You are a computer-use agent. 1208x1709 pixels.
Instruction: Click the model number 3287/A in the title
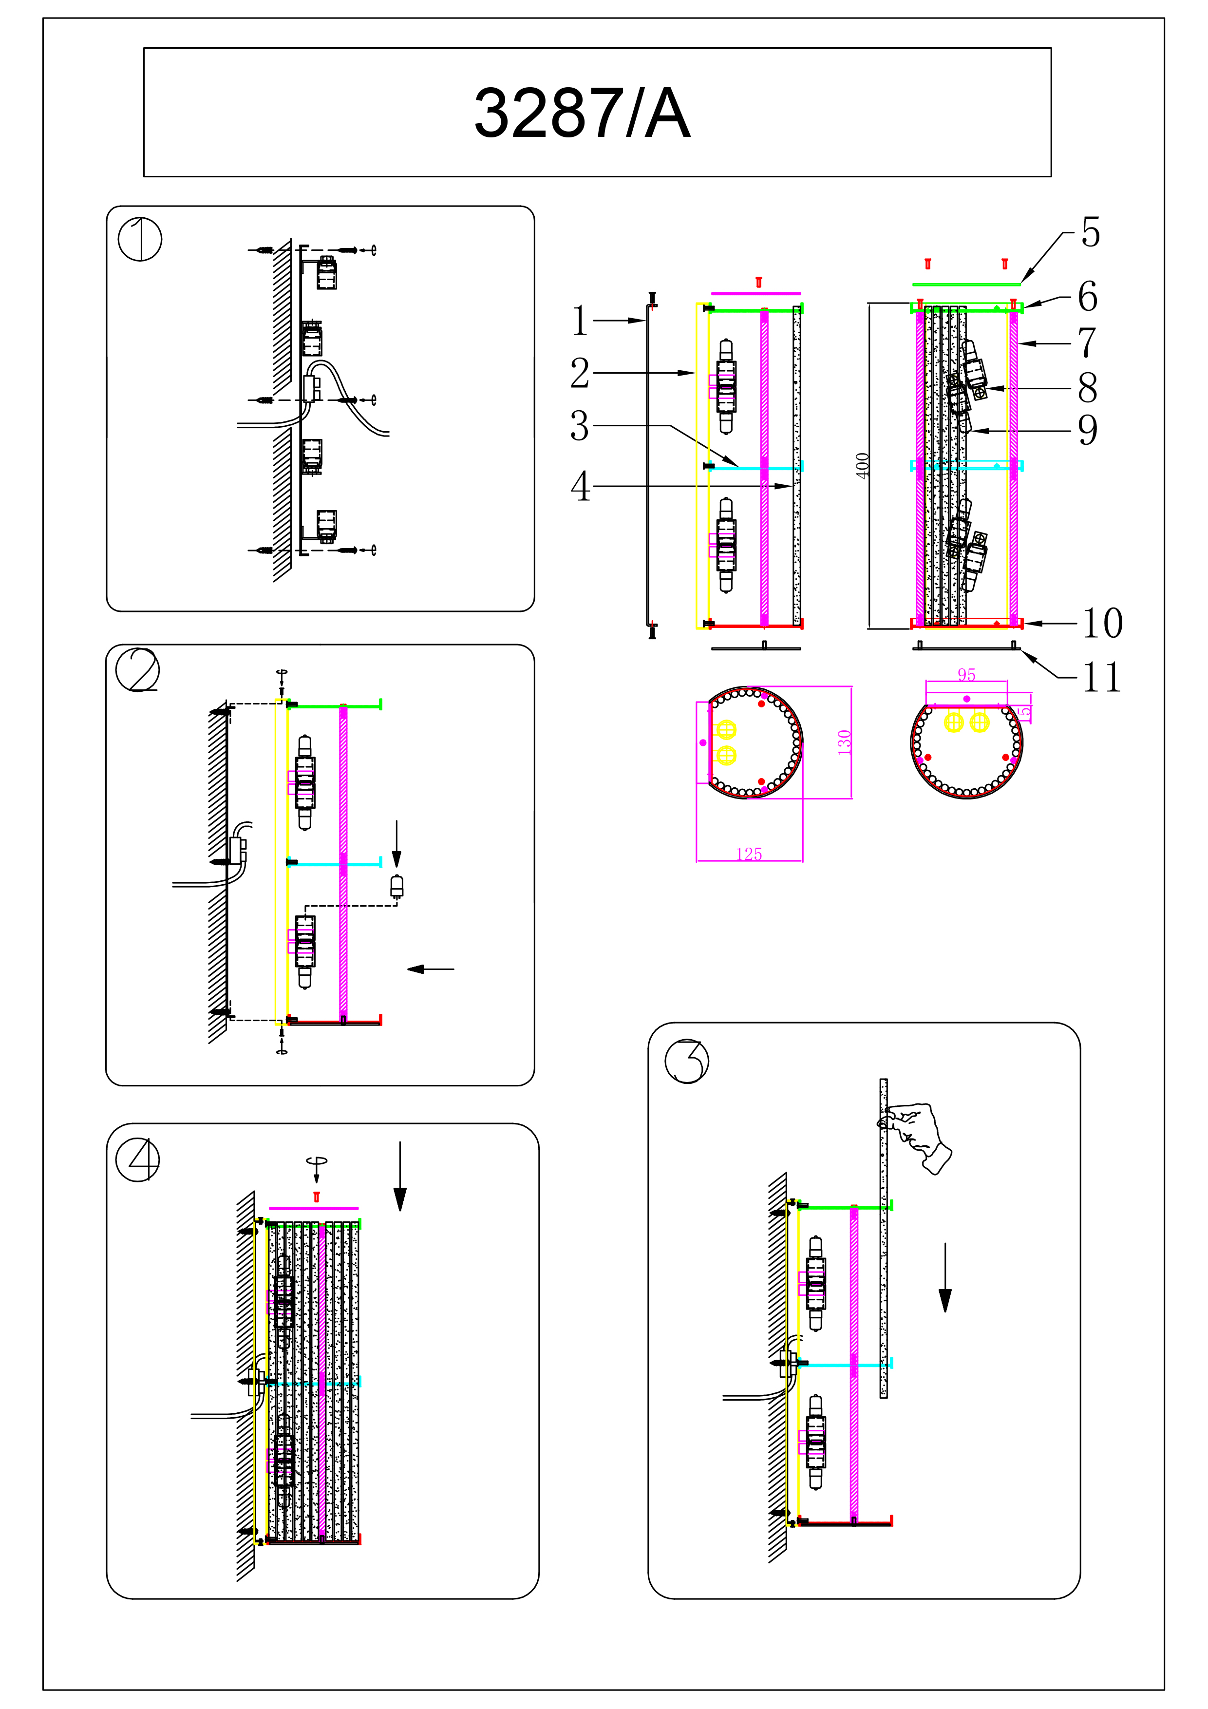582,113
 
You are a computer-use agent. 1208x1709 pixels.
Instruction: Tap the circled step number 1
140,239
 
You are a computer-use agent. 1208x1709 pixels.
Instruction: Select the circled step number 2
138,669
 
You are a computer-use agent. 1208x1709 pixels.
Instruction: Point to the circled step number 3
686,1061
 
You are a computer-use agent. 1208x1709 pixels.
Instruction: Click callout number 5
1091,232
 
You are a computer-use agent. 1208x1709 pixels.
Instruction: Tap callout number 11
1101,677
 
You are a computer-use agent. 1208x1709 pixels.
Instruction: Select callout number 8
1087,388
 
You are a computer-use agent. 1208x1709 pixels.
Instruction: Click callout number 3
579,426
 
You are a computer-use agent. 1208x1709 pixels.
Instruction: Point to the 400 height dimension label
862,465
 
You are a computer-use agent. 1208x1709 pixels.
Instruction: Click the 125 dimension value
749,854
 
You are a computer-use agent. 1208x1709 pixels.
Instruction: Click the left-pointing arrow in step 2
430,969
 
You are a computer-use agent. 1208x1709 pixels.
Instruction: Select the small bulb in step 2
396,887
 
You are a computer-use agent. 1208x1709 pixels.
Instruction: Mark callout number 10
1101,623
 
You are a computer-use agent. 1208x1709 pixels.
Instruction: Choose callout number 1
579,321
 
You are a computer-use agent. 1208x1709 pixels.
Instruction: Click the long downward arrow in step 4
400,1176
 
